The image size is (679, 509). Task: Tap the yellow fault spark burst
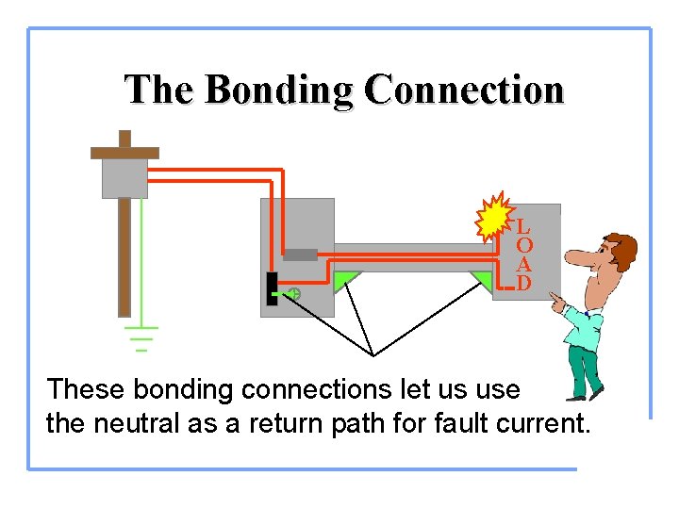(x=492, y=221)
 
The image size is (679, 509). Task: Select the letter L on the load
(x=523, y=227)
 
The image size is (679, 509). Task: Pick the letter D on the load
(x=523, y=283)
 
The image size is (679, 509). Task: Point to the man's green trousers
(x=584, y=368)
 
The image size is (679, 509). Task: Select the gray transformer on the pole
(x=124, y=177)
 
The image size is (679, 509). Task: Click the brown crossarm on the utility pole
(x=124, y=152)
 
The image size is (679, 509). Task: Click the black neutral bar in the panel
(x=272, y=288)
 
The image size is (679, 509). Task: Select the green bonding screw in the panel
(x=293, y=294)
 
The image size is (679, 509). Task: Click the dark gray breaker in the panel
(x=300, y=254)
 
